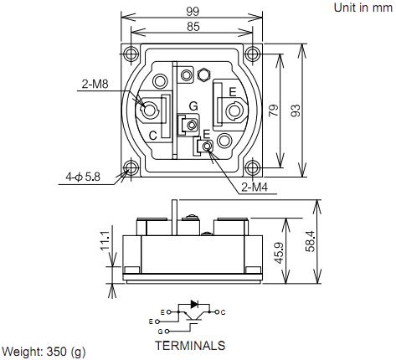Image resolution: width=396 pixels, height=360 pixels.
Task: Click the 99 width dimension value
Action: click(193, 12)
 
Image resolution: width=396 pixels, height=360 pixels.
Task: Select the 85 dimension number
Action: click(193, 27)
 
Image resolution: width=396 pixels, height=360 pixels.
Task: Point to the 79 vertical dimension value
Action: click(274, 111)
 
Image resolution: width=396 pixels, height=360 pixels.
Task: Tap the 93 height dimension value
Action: click(296, 111)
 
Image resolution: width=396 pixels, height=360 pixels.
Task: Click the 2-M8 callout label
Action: click(95, 84)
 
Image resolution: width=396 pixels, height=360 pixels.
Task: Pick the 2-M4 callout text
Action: click(255, 188)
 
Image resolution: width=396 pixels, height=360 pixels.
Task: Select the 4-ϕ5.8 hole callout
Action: click(83, 177)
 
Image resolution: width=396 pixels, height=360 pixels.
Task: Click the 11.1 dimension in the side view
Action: click(105, 241)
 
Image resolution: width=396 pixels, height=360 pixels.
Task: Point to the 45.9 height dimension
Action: click(279, 253)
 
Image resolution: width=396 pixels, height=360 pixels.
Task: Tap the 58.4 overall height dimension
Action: click(310, 242)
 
